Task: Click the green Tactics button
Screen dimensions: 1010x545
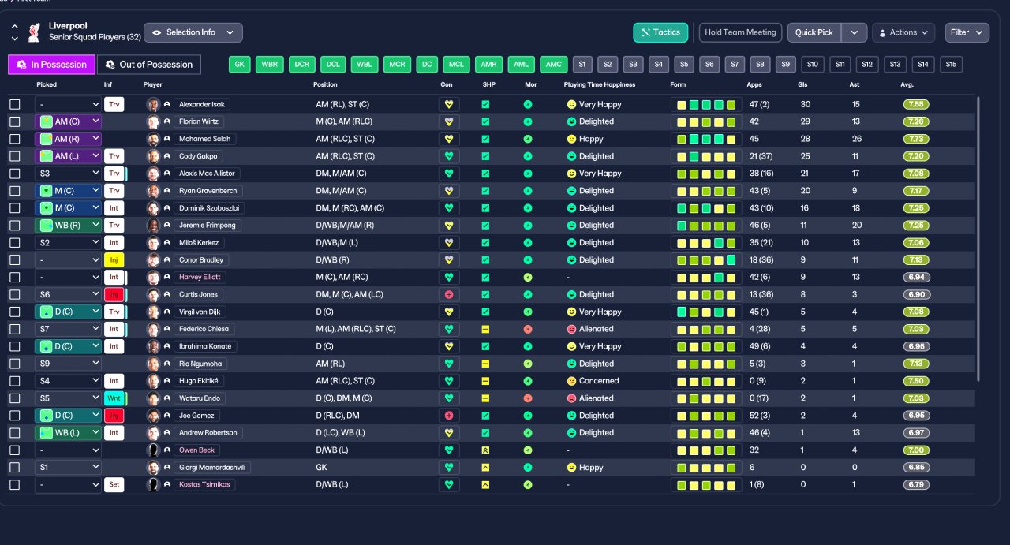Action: coord(660,32)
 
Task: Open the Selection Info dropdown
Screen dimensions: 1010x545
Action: coord(193,32)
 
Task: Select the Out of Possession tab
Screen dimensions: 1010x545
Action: coord(149,65)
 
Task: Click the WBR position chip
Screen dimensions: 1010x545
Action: coord(270,65)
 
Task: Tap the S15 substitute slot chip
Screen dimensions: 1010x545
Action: coord(951,65)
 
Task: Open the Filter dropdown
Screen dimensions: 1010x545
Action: coord(967,32)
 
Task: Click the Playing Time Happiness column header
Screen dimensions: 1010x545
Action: coord(599,84)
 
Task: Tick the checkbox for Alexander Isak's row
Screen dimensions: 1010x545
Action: coord(15,105)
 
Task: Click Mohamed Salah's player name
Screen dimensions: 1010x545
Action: coord(204,139)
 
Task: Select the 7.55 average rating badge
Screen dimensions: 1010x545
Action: coord(916,105)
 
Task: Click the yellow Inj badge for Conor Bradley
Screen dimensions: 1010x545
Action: coord(114,260)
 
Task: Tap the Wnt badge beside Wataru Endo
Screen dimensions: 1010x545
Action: coord(114,398)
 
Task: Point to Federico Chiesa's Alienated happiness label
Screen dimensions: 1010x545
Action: coord(596,329)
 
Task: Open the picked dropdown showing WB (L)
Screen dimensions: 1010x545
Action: coord(68,433)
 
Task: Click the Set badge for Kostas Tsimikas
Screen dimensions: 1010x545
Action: coord(114,484)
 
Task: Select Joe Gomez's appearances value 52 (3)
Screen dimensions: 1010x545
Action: coord(760,416)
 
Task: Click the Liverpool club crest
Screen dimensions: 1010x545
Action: coord(34,32)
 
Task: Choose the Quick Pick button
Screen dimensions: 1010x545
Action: coord(814,32)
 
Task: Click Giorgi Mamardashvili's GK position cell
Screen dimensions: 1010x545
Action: coord(321,468)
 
